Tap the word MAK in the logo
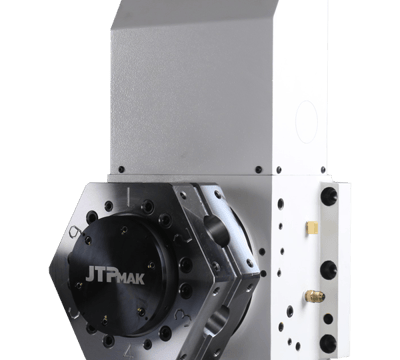point(132,278)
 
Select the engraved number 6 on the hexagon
point(74,232)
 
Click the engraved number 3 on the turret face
point(182,316)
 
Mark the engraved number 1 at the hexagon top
point(128,197)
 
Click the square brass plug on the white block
point(312,228)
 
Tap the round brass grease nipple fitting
point(315,295)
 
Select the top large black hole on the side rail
point(329,196)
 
